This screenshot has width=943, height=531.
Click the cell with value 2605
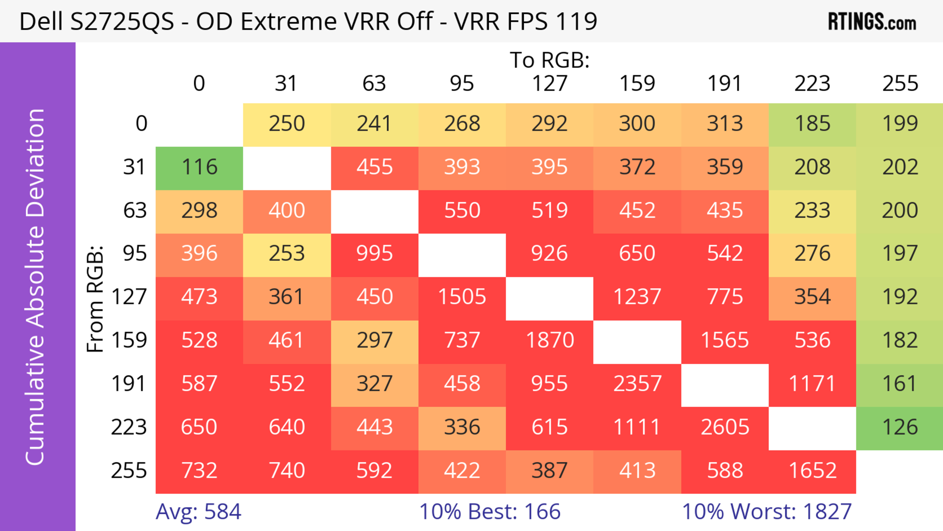[x=725, y=427]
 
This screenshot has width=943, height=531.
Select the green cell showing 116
[x=199, y=167]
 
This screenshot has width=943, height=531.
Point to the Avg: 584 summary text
[x=198, y=512]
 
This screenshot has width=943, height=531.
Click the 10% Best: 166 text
[x=490, y=512]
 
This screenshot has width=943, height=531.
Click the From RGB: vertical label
[x=95, y=299]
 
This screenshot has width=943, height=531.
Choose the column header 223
[x=812, y=84]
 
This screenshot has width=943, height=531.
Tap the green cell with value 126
[x=900, y=427]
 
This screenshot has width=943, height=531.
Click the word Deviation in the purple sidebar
[x=36, y=163]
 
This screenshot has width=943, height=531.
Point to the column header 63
[x=374, y=84]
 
